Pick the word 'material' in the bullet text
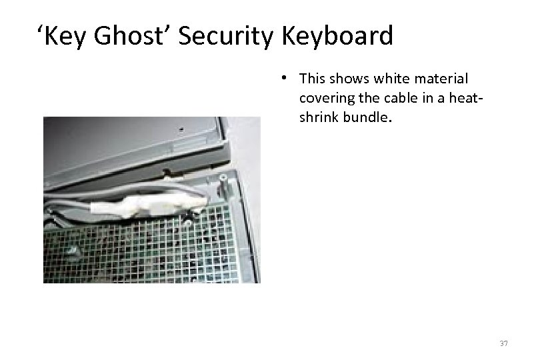[x=445, y=79]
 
